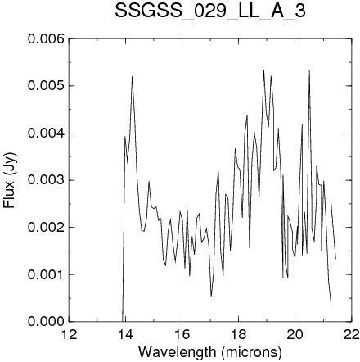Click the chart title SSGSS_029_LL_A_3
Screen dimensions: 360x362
[210, 11]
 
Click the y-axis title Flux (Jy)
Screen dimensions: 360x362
[10, 180]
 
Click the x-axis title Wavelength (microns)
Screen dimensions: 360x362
[210, 351]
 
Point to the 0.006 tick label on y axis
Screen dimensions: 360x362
[46, 39]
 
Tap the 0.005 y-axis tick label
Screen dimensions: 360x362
[46, 86]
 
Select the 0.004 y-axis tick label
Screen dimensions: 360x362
[46, 133]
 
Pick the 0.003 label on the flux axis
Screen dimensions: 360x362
[46, 180]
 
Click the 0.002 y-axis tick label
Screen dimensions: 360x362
[46, 227]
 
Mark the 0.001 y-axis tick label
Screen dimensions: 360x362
[46, 274]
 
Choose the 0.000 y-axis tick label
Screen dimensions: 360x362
[46, 322]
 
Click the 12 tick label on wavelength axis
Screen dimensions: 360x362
[70, 334]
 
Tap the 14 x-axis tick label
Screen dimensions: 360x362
[125, 334]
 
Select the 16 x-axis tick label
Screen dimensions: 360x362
[182, 334]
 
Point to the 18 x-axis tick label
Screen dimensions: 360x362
[238, 334]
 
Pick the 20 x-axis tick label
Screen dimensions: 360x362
[295, 334]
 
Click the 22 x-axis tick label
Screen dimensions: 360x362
[351, 334]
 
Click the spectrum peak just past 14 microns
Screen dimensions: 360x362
[132, 77]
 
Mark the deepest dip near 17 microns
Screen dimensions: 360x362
[211, 296]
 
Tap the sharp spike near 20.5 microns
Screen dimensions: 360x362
[309, 70]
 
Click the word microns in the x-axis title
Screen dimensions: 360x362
[251, 351]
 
